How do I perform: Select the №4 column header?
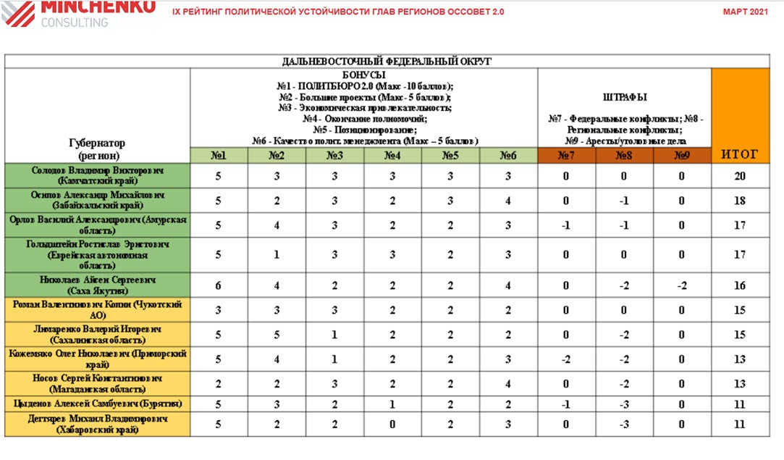pos(392,155)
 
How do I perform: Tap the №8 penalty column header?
pos(624,155)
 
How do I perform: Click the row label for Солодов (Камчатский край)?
pos(98,176)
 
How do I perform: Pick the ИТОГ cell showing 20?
pos(740,176)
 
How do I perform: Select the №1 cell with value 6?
pos(219,286)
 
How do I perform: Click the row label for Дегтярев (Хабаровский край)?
pos(98,425)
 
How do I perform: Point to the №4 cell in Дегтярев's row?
pos(392,425)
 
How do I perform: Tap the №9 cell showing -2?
pos(681,286)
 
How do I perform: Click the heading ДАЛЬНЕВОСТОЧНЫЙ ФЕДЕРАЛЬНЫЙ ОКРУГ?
pos(387,62)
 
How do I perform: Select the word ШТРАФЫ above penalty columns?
pos(624,97)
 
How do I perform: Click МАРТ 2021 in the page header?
pos(745,12)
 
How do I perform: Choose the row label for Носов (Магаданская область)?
pos(98,383)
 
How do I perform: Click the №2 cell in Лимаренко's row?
pos(276,335)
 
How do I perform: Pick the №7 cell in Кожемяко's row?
pos(566,359)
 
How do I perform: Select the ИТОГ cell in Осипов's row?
pos(740,201)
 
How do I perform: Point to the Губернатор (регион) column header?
pos(98,149)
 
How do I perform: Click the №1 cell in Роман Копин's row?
pos(219,310)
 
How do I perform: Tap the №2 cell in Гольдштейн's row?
pos(276,255)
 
